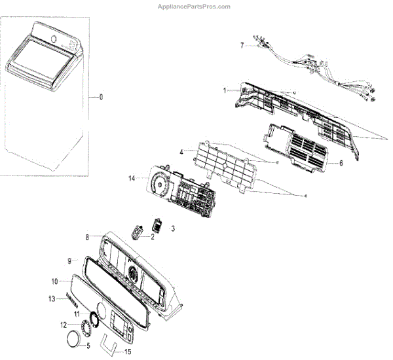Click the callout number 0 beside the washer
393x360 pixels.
tap(101, 98)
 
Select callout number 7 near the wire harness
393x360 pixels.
tap(242, 45)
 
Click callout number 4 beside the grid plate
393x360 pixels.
tap(181, 153)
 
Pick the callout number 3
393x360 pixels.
tap(173, 228)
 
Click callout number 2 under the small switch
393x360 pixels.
tap(152, 237)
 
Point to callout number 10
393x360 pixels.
tap(55, 281)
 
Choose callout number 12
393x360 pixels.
tap(64, 324)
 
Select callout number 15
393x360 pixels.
tap(127, 351)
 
